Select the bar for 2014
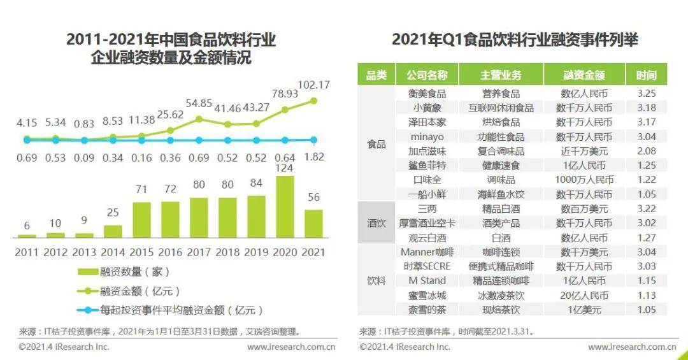click(113, 231)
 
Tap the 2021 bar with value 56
click(313, 224)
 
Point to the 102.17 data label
click(313, 85)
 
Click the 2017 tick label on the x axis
click(199, 252)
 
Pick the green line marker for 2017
click(199, 119)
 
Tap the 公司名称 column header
click(427, 75)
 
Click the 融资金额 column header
click(584, 75)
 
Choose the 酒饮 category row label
click(376, 223)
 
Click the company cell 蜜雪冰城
click(427, 296)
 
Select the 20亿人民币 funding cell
click(584, 296)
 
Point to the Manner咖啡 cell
click(427, 252)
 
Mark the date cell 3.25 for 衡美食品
click(646, 94)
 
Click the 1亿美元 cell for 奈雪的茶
click(584, 310)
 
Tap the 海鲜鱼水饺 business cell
click(501, 194)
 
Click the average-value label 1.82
click(313, 157)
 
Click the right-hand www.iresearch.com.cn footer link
click(631, 347)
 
